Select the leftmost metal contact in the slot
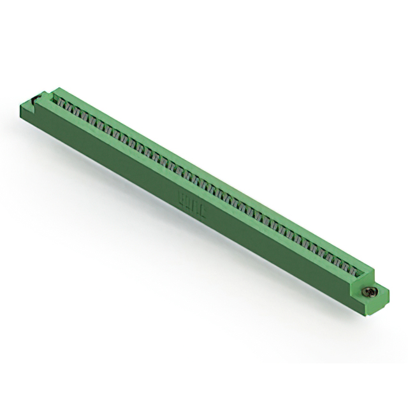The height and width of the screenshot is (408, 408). click(62, 100)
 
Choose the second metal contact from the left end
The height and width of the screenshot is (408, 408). click(69, 104)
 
